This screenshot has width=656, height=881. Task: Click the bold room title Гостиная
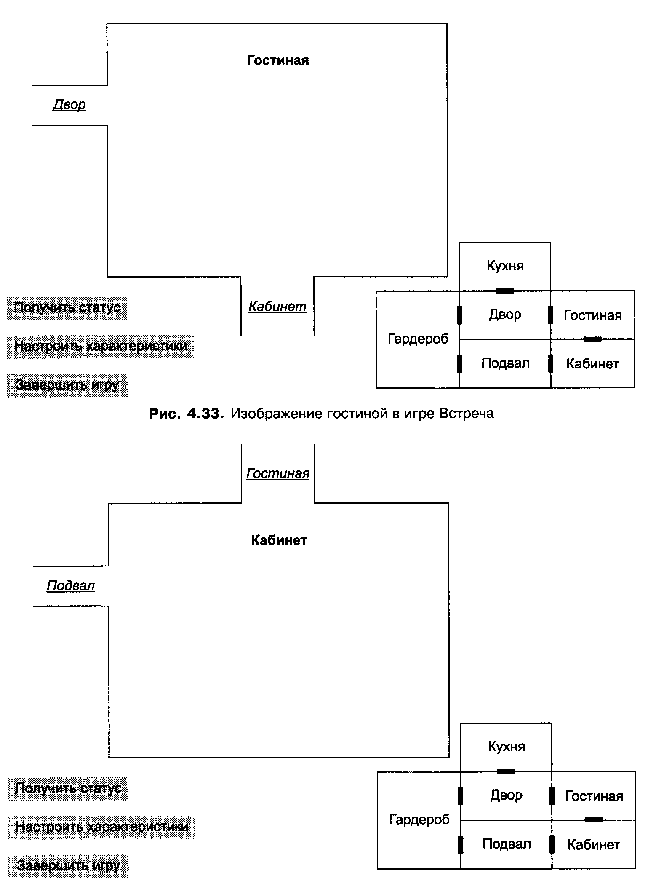tap(277, 60)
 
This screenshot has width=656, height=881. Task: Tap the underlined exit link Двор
tap(69, 104)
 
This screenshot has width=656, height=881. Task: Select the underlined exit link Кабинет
tap(277, 307)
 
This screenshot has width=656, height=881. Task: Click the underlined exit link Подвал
tap(71, 585)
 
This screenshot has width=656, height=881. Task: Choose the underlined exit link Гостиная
tap(278, 474)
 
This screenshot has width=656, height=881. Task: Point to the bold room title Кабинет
tap(279, 540)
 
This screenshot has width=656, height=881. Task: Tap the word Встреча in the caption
tap(466, 414)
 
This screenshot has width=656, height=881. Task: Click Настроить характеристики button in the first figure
tap(100, 347)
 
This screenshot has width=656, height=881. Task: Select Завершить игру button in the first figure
tap(67, 385)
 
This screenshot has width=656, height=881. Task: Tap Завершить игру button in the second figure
tap(68, 866)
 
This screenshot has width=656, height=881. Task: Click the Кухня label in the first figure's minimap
tap(505, 266)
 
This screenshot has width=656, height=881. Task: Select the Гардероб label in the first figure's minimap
tap(418, 339)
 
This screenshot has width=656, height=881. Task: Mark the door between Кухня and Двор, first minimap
tap(505, 291)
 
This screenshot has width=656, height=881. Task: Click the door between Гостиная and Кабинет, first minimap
tap(592, 339)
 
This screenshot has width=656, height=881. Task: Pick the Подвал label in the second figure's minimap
tap(507, 844)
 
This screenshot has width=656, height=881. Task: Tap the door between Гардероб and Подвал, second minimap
tap(461, 844)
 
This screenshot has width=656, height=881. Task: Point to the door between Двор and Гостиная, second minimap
tap(552, 796)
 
